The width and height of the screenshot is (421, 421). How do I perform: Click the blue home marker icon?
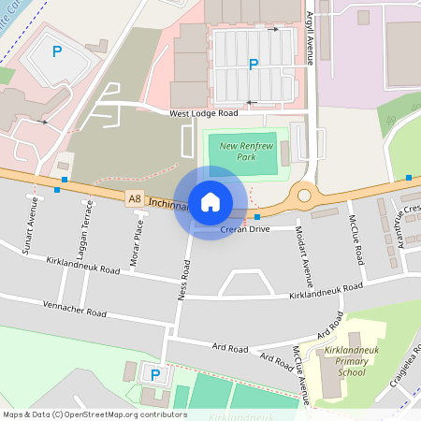[x=210, y=202]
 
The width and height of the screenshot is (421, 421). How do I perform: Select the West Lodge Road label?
[x=204, y=113]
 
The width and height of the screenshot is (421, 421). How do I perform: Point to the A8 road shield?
[x=135, y=198]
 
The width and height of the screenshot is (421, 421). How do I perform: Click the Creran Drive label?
[x=245, y=228]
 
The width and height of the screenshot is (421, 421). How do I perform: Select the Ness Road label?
[x=183, y=281]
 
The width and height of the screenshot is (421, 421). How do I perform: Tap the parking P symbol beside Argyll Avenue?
[x=253, y=65]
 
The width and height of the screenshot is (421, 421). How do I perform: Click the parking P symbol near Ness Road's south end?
[x=155, y=375]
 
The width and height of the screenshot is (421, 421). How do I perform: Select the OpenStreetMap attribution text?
[x=95, y=414]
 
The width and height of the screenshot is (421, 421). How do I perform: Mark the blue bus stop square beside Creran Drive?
[x=257, y=217]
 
